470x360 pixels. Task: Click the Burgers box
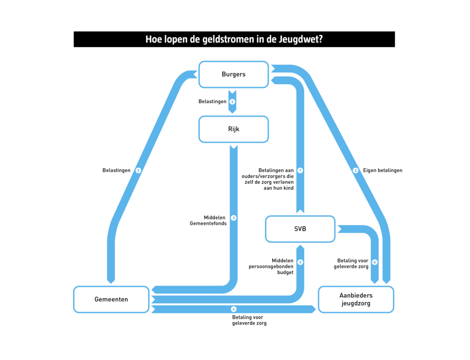tap(233, 74)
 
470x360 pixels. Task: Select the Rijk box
tap(233, 129)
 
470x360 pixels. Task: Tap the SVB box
tap(300, 229)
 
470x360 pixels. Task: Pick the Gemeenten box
tap(111, 299)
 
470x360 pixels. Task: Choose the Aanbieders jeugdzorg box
tap(356, 299)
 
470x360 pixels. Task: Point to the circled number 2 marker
tap(355, 171)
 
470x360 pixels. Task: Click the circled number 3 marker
tap(233, 218)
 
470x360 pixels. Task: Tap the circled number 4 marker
tap(233, 309)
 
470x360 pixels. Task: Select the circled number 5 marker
tap(300, 262)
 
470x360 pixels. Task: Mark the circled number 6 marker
tap(375, 262)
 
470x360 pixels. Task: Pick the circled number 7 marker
tap(300, 171)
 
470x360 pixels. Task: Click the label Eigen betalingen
tap(382, 171)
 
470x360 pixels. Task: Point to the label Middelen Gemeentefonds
tap(208, 221)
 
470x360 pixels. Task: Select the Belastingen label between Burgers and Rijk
tap(212, 101)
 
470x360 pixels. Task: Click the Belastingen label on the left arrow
tap(116, 171)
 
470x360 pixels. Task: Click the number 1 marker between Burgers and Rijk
tap(232, 101)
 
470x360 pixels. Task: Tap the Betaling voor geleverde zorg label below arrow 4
tap(249, 320)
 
